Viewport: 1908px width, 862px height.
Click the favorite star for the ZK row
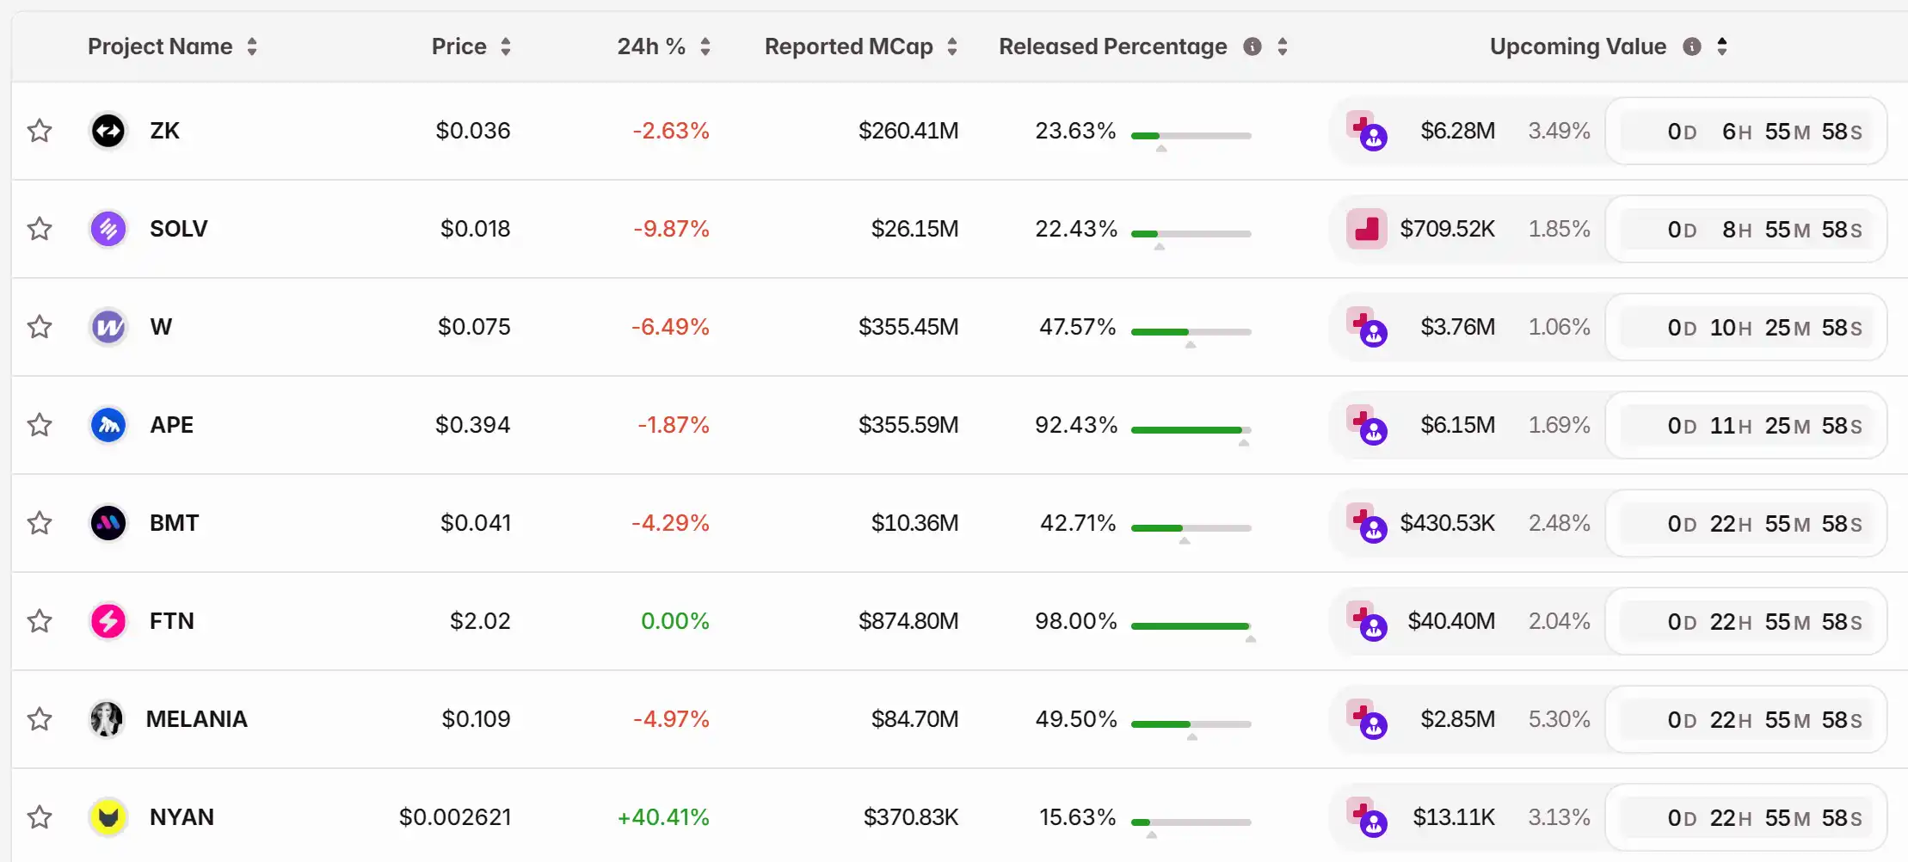pos(40,131)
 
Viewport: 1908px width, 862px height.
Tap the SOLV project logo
pos(108,229)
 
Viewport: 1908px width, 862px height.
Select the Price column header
pos(459,46)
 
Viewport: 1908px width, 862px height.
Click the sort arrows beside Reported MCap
pos(952,46)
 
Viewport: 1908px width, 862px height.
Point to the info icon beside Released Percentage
pos(1253,46)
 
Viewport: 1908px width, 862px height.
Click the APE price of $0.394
pos(472,425)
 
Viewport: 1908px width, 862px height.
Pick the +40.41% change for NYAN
pos(663,817)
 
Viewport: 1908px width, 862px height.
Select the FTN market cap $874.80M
pos(908,621)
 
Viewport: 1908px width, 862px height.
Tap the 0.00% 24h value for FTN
pos(674,621)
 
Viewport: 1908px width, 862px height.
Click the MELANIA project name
pos(196,719)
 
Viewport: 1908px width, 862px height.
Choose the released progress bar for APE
pos(1191,430)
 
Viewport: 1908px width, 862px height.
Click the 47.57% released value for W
pos(1077,327)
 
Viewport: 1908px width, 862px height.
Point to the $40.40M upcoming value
pos(1451,621)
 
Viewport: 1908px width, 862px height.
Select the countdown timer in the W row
pos(1746,327)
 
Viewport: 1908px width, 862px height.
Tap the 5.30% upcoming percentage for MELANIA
pos(1559,719)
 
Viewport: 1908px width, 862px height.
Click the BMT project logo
pos(108,523)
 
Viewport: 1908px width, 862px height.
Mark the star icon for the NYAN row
pos(40,817)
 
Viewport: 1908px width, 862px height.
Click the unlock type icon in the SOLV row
pos(1366,229)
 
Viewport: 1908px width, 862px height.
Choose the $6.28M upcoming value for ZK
pos(1457,131)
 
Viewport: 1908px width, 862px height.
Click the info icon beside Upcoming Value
pos(1692,46)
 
